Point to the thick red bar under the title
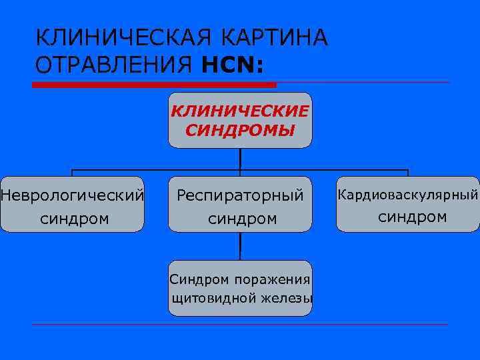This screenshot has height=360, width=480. coord(153,85)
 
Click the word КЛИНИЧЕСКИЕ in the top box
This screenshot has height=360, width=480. coord(240,111)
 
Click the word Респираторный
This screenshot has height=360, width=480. coord(240,195)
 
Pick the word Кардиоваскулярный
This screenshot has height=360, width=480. coord(408,195)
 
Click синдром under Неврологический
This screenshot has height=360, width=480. coord(74,218)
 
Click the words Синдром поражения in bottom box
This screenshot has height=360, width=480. coord(240,279)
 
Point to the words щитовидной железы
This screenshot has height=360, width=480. coord(242,298)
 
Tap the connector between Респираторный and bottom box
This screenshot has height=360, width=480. coord(240,246)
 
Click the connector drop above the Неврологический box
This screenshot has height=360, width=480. coord(72,173)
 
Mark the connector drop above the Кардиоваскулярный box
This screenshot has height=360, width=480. coord(408,173)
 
